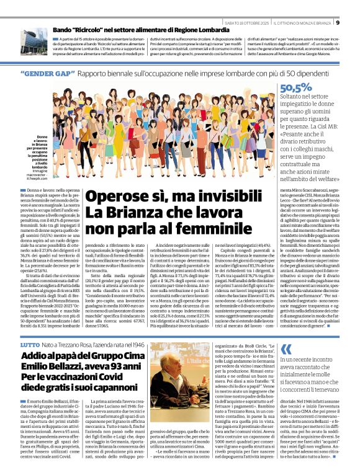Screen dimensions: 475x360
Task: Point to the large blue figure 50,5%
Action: (x=296, y=87)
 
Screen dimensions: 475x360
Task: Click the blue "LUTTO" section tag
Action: (x=29, y=343)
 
